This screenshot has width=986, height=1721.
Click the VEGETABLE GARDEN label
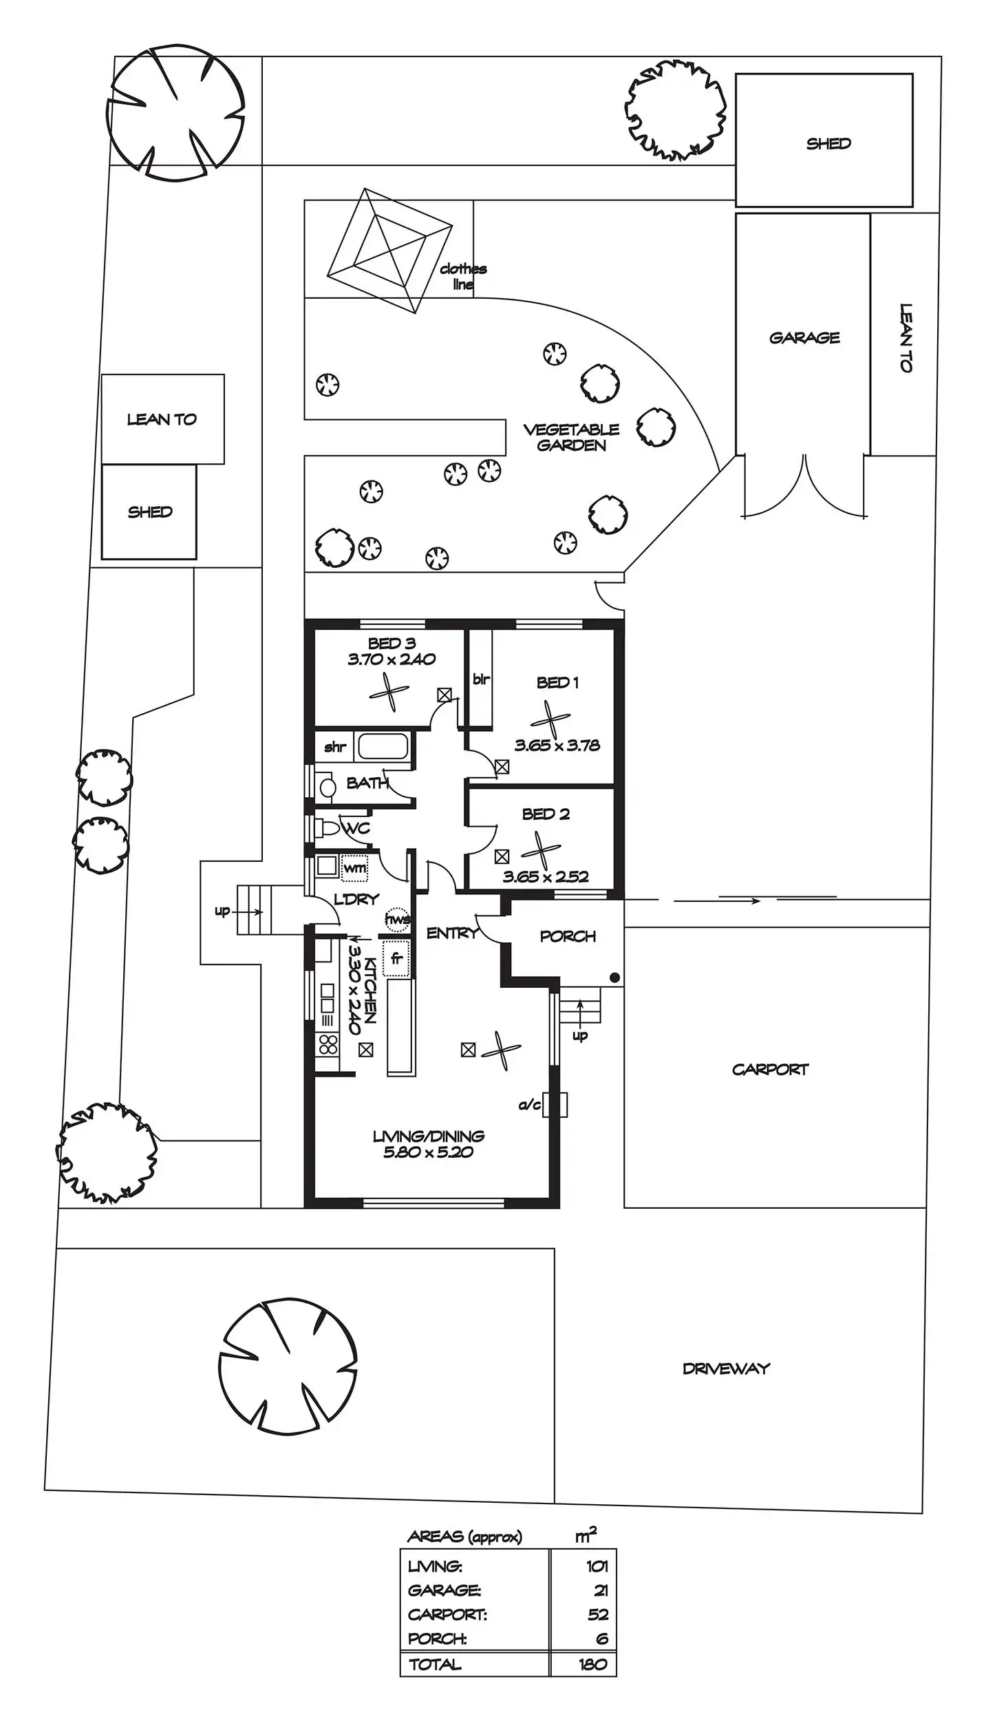coord(571,437)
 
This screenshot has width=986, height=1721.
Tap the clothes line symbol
coord(389,251)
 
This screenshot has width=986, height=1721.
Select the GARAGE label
coord(804,337)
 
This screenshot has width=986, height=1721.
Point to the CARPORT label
coord(770,1069)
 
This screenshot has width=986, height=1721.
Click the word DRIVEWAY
coord(726,1369)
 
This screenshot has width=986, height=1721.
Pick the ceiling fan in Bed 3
coord(389,691)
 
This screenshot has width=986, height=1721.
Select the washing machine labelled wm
coord(354,868)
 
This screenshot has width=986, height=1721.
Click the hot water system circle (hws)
coord(397,919)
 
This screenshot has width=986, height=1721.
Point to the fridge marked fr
coord(396,958)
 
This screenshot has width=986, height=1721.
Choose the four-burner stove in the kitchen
coord(328,1044)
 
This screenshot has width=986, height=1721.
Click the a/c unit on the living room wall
coord(555,1104)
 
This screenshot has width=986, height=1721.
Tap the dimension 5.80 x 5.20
coord(428,1152)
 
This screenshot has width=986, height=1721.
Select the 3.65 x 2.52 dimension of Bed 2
coord(546,876)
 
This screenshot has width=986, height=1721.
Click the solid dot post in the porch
coord(614,978)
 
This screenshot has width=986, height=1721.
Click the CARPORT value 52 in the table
coord(598,1614)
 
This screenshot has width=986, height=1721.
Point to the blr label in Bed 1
coord(481,679)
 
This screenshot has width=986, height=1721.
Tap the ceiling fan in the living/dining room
coord(501,1050)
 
